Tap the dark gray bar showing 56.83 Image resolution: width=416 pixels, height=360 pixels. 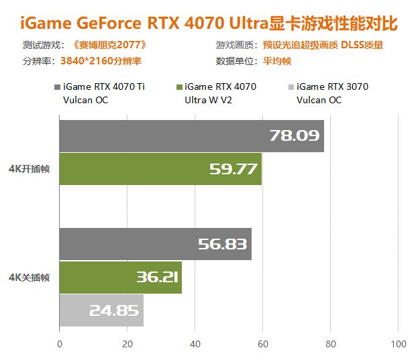pos(155,244)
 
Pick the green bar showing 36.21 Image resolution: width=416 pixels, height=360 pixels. pos(120,277)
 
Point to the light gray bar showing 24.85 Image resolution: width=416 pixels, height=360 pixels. pos(101,310)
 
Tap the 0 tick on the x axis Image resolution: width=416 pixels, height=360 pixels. pos(60,345)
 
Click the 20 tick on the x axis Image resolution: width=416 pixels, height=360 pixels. pos(127,345)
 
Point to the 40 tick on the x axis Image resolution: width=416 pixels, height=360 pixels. pos(195,345)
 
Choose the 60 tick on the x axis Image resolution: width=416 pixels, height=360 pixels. pos(263,345)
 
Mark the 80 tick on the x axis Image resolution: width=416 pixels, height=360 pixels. pos(331,345)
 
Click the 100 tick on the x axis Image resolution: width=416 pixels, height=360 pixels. pos(399,345)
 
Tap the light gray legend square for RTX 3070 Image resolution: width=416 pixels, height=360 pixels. pos(290,87)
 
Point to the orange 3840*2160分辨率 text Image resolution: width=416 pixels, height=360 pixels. pos(101,60)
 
